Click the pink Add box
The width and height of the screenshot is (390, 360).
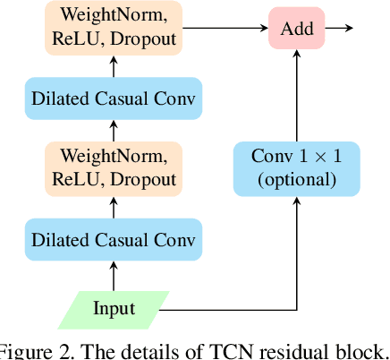[x=297, y=28]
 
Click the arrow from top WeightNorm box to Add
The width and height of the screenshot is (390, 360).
[x=225, y=28]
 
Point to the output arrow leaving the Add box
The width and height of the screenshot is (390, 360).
[x=339, y=28]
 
